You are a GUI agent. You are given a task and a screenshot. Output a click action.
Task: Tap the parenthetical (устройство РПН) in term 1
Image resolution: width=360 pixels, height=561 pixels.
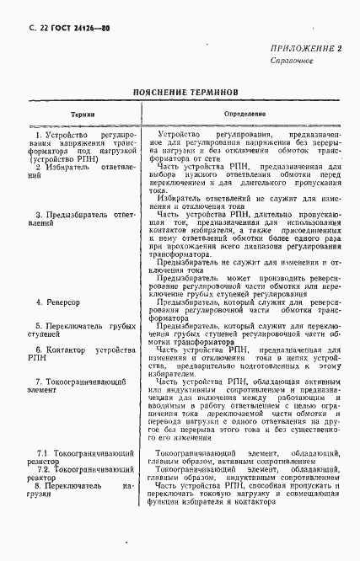pos(63,158)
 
